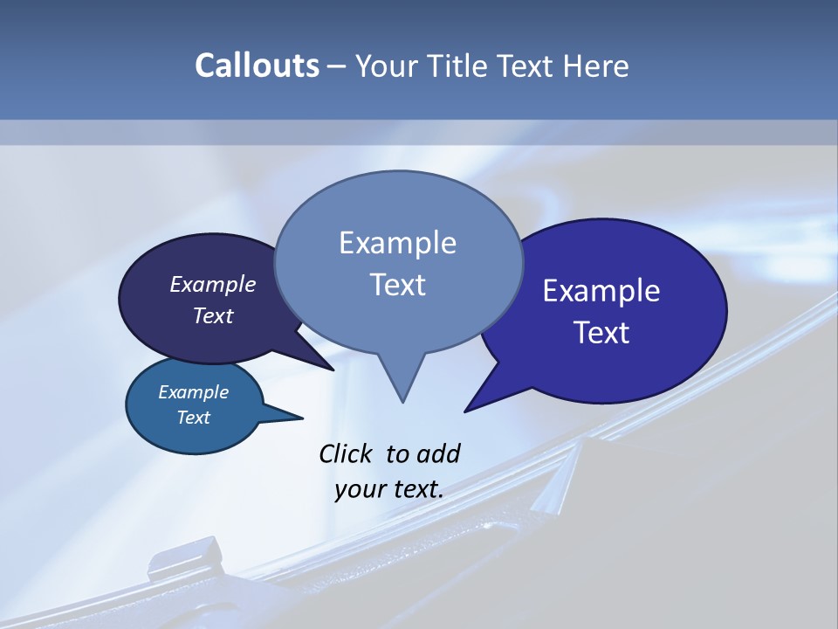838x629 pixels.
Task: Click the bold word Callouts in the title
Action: [257, 66]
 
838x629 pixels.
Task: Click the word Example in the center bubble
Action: [397, 243]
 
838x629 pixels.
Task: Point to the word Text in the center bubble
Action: [397, 285]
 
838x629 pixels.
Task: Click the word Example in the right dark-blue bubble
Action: [601, 291]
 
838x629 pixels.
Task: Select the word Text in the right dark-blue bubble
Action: [601, 333]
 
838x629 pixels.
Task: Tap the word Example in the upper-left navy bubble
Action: [213, 284]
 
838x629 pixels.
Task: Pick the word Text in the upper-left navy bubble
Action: [213, 315]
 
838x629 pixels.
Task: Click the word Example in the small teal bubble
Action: [193, 392]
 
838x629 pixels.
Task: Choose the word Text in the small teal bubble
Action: [193, 418]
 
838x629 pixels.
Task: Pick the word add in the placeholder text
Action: [438, 453]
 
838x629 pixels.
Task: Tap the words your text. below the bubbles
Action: [389, 489]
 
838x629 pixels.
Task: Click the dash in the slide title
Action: [338, 66]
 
